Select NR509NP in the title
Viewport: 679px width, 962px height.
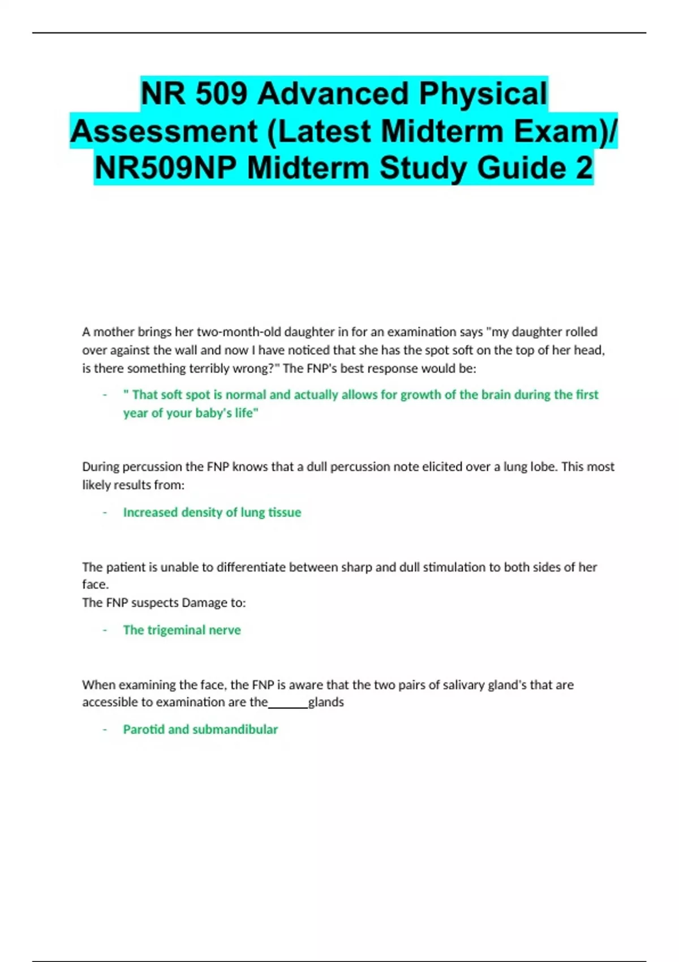(x=165, y=168)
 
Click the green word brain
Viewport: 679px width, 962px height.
(x=496, y=394)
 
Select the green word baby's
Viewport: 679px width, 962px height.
(x=213, y=413)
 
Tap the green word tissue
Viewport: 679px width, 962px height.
(x=284, y=512)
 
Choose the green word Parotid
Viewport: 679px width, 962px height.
(x=144, y=729)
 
